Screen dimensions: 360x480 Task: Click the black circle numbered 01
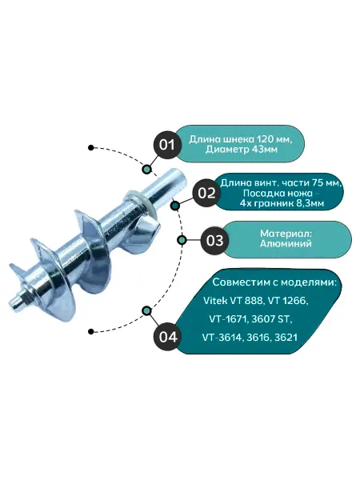click(x=167, y=145)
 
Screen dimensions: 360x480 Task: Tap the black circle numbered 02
click(x=206, y=193)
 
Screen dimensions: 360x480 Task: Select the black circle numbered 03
click(x=214, y=241)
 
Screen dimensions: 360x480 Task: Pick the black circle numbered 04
click(x=168, y=337)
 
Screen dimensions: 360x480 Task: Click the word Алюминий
click(x=286, y=244)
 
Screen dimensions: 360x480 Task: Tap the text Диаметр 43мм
click(x=242, y=150)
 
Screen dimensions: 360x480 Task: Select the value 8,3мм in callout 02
click(x=310, y=203)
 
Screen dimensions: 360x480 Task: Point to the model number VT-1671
click(x=228, y=319)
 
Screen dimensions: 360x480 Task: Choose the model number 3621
click(x=286, y=338)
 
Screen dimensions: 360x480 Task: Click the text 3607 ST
click(x=270, y=319)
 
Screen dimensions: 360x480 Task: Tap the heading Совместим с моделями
click(x=274, y=282)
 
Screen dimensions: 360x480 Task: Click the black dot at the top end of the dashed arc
click(x=90, y=148)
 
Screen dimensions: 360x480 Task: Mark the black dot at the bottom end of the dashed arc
click(x=90, y=331)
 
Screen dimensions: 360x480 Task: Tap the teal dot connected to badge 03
click(x=182, y=240)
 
